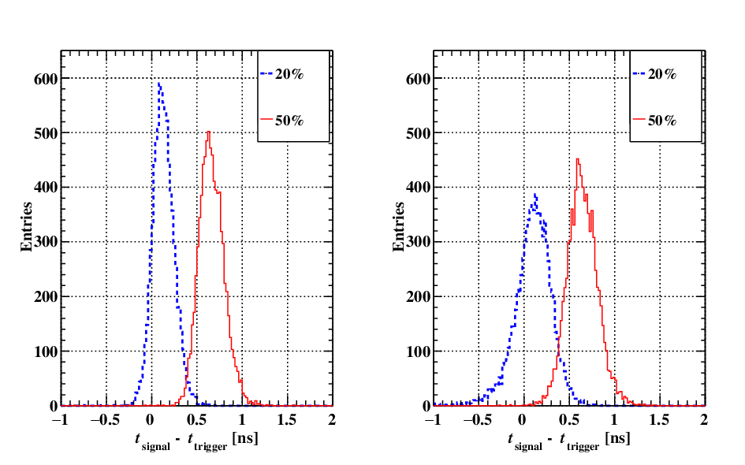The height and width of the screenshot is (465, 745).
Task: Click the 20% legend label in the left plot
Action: click(x=289, y=74)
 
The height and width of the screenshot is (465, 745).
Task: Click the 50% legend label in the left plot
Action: click(x=289, y=121)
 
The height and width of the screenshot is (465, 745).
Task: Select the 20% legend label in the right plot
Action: click(x=662, y=74)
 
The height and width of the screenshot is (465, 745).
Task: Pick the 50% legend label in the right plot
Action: click(x=662, y=121)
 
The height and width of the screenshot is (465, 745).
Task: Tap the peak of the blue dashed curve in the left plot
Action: click(x=159, y=84)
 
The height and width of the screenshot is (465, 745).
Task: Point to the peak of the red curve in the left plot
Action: click(x=209, y=132)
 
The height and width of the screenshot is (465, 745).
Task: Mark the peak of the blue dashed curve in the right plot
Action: click(x=535, y=194)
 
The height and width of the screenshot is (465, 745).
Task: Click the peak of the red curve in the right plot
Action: click(x=577, y=159)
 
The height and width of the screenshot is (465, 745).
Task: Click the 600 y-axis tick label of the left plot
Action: click(x=46, y=79)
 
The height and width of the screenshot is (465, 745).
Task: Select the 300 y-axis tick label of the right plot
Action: click(x=418, y=242)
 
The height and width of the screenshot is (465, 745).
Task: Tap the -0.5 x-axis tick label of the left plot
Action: click(x=106, y=420)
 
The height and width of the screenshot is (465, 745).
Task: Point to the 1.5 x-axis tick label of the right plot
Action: click(x=659, y=420)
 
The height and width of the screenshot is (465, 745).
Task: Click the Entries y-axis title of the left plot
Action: click(x=27, y=226)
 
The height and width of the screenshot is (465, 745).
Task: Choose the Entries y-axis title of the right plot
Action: click(x=399, y=226)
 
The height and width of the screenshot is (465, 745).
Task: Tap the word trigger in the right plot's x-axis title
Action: click(x=583, y=447)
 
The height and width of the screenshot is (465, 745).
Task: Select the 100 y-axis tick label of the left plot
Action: click(x=46, y=352)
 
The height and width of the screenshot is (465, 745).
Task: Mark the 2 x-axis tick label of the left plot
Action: click(x=332, y=420)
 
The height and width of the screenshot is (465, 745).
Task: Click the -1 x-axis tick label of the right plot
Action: click(x=434, y=420)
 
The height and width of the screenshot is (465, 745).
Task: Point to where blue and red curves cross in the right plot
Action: click(x=558, y=347)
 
